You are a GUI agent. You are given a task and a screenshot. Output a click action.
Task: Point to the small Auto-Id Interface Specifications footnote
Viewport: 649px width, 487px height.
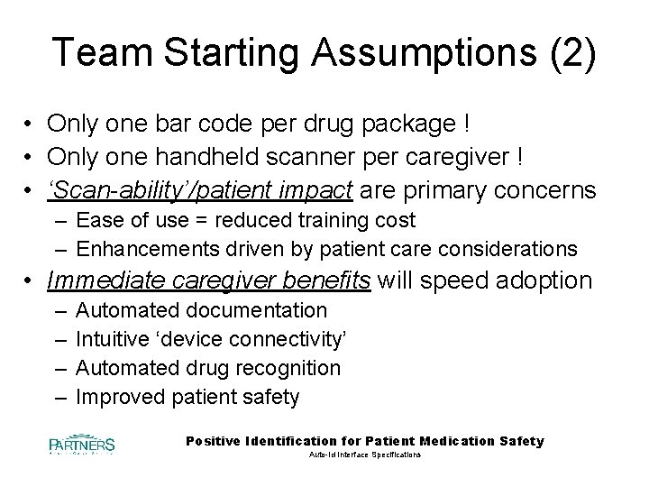click(x=364, y=456)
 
